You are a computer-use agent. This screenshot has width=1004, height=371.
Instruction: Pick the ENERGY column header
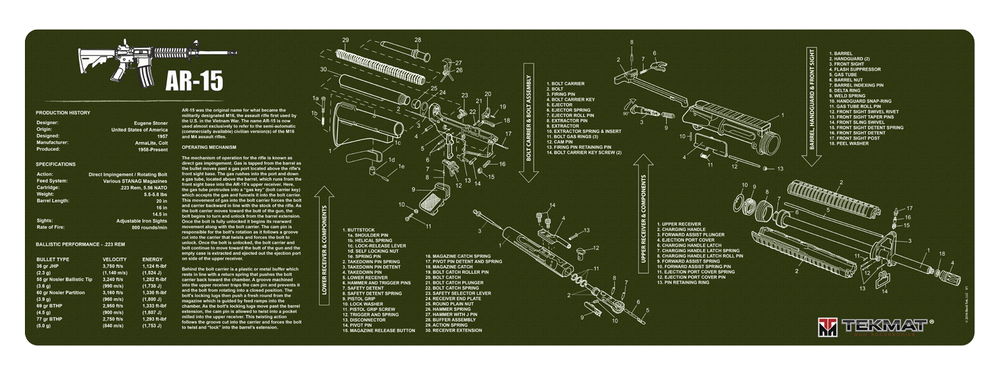pos(152,259)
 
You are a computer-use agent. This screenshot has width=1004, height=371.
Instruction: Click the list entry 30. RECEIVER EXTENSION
pos(451,331)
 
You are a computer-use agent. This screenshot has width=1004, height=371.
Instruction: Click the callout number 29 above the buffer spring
pos(345,40)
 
